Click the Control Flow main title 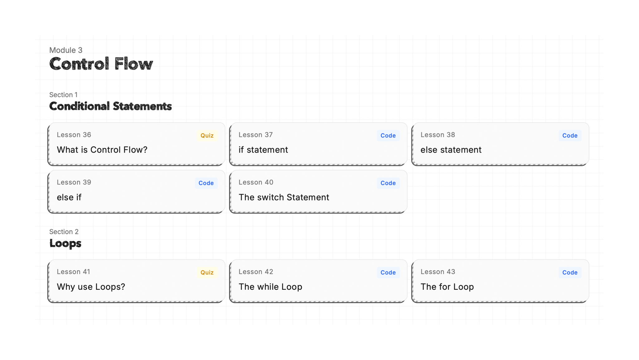pos(101,64)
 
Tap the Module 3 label pos(66,50)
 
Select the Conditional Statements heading pos(110,106)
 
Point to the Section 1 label pos(63,95)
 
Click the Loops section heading pos(65,243)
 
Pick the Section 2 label pos(64,232)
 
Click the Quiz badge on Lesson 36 pos(207,136)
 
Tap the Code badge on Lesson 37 pos(388,136)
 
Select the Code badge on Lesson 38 pos(570,136)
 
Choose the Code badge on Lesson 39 pos(206,183)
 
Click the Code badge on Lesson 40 pos(388,183)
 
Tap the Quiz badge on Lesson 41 pos(207,272)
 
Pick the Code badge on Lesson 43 pos(570,272)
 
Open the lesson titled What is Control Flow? pos(102,150)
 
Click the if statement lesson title pos(263,150)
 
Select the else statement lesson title pos(451,150)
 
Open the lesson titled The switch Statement pos(284,197)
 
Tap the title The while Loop pos(270,287)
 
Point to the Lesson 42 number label pos(256,272)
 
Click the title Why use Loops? pos(91,287)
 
